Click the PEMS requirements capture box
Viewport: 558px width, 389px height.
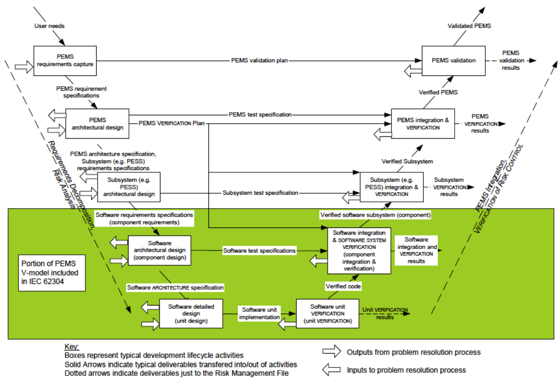[66, 61]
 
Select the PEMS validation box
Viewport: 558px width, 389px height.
[453, 61]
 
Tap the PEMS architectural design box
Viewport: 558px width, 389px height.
[97, 124]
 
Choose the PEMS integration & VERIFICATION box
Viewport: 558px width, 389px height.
[422, 124]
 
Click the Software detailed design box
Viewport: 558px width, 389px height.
[191, 314]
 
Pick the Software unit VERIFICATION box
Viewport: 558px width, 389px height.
[328, 314]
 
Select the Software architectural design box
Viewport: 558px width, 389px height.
[159, 250]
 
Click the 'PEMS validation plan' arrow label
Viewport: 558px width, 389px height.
[260, 61]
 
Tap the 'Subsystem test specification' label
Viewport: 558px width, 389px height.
[260, 193]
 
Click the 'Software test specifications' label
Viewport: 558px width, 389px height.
[259, 250]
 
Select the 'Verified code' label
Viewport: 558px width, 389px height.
[343, 286]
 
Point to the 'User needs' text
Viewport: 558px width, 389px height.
[49, 26]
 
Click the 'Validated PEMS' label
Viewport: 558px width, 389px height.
[469, 26]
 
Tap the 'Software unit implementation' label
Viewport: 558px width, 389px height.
[260, 313]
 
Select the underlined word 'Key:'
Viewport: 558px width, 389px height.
[72, 347]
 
